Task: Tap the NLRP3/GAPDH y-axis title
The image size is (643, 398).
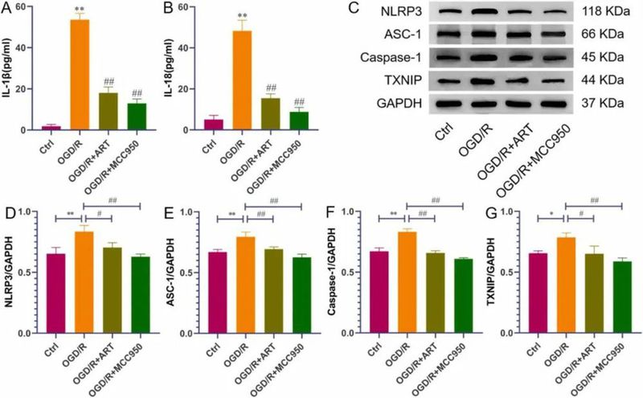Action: (11, 272)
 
